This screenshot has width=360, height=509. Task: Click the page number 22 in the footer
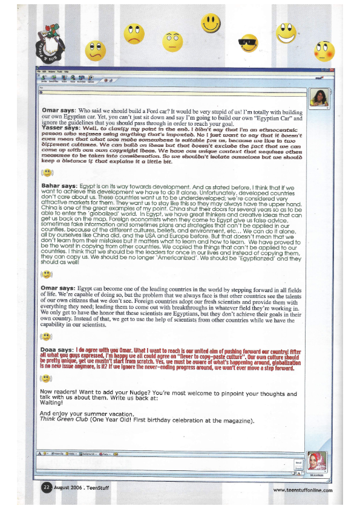click(46, 488)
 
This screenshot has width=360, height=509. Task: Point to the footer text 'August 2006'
click(67, 488)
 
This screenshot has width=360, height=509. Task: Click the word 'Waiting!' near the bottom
click(51, 403)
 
